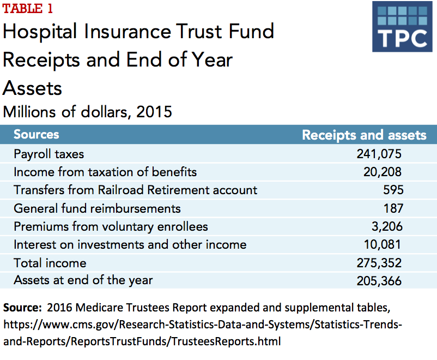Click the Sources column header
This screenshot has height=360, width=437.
(x=36, y=134)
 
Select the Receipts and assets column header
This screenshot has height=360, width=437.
(x=364, y=135)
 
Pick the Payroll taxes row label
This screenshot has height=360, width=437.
(x=49, y=154)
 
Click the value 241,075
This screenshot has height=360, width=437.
(x=379, y=154)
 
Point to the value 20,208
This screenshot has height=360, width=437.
(x=383, y=172)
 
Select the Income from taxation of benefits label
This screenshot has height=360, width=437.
(x=105, y=172)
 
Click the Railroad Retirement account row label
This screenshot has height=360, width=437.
(x=135, y=190)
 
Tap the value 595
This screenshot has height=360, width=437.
(x=393, y=190)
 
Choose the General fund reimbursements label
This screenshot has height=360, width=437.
(x=97, y=208)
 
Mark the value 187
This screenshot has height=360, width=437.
(x=393, y=208)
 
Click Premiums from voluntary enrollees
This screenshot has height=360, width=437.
(x=111, y=226)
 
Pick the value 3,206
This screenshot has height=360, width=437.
(x=386, y=226)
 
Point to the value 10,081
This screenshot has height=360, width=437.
(x=383, y=244)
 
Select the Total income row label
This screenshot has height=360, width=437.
(x=50, y=263)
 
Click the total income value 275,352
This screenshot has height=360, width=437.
(x=379, y=263)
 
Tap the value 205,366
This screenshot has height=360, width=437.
(x=379, y=281)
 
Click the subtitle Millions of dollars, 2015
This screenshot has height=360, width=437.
(x=87, y=112)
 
